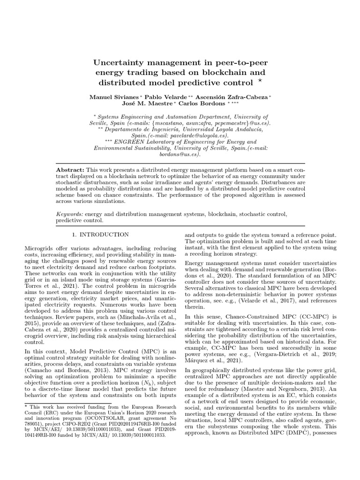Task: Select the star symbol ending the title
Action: tap(260, 82)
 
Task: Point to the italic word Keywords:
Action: tap(70, 214)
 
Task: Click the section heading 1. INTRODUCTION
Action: tap(99, 234)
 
